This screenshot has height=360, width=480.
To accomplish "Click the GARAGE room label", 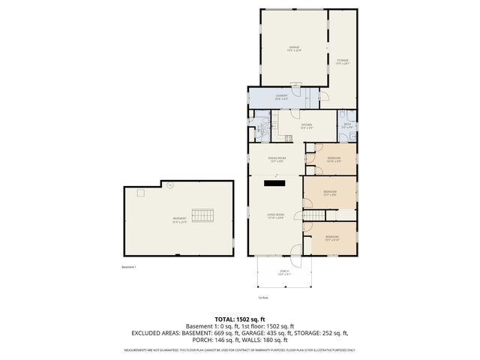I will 295,48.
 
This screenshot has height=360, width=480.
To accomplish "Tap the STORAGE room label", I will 342,61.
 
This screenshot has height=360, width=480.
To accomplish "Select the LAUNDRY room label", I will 281,96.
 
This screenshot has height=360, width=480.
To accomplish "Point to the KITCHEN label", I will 306,126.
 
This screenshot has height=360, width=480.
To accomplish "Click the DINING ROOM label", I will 277,159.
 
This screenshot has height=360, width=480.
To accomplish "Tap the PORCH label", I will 284,271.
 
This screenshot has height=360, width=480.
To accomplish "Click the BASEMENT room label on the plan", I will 179,219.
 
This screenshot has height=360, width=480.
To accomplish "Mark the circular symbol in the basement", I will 170,184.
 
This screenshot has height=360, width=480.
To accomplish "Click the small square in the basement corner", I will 139,193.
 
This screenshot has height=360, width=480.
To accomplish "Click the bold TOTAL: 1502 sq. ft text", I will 240,319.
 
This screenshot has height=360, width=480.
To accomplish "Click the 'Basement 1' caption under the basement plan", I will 130,266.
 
